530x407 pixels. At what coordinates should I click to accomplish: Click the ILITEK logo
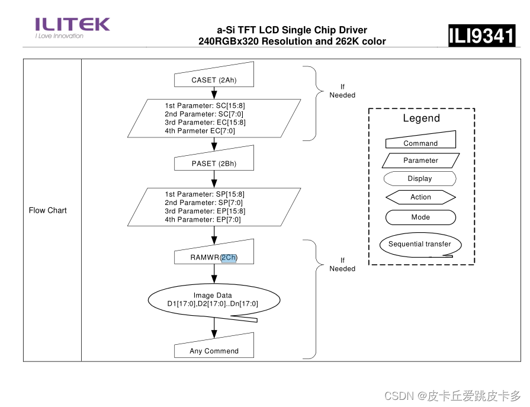coord(72,27)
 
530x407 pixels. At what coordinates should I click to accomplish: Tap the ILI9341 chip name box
coord(481,36)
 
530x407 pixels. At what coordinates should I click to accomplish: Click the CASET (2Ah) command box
coord(214,79)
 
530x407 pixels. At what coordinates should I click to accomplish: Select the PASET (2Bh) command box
coord(214,163)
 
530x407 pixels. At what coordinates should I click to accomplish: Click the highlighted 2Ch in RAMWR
coord(229,257)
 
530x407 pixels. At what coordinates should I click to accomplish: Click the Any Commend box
coord(214,350)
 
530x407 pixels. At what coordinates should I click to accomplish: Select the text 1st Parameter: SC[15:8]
coord(205,105)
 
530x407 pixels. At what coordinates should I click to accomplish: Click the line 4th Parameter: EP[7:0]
coord(203,219)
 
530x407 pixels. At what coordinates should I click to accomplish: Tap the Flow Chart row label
coord(48,210)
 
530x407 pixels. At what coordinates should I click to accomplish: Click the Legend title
coord(421,118)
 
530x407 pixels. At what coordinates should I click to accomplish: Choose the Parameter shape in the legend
coord(420,160)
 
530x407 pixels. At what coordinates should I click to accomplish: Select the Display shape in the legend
coord(420,178)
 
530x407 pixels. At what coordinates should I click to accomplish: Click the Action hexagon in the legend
coord(420,197)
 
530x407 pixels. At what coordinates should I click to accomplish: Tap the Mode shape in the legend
coord(420,217)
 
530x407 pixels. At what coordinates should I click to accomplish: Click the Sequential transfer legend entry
coord(420,244)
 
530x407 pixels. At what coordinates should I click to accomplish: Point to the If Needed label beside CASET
coord(342,91)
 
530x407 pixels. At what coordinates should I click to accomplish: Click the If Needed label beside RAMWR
coord(342,264)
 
